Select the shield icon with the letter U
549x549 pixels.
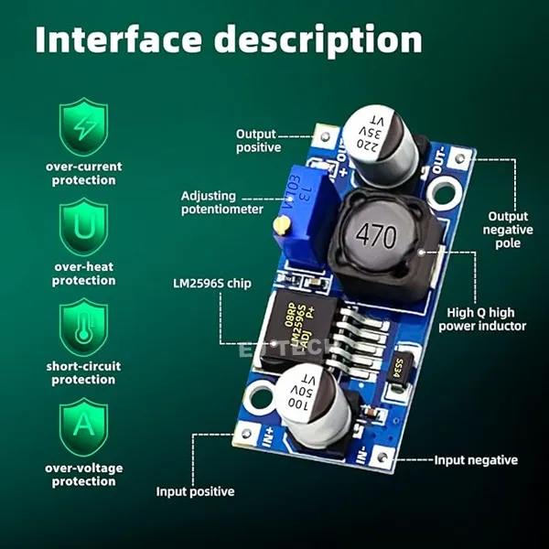pyautogui.click(x=84, y=228)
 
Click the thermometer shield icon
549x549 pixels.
pyautogui.click(x=84, y=328)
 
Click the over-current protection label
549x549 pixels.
pyautogui.click(x=84, y=174)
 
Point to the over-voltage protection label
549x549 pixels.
pyautogui.click(x=84, y=475)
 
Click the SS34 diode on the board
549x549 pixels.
pyautogui.click(x=399, y=368)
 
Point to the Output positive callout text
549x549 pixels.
pyautogui.click(x=259, y=140)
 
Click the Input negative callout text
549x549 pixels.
pyautogui.click(x=476, y=460)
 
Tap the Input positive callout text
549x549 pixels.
pyautogui.click(x=195, y=491)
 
